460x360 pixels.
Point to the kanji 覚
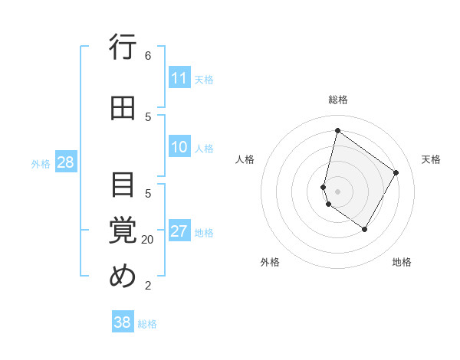click(x=123, y=230)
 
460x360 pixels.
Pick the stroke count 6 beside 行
click(x=148, y=56)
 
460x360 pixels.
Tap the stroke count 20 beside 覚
click(x=148, y=240)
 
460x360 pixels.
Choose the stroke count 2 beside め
click(x=148, y=286)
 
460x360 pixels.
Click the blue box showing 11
click(x=179, y=78)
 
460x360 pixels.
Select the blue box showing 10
click(x=179, y=147)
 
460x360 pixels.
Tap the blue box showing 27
click(x=179, y=231)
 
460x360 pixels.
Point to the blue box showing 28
click(x=65, y=162)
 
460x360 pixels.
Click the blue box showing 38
click(x=123, y=322)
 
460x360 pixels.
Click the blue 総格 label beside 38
click(x=147, y=324)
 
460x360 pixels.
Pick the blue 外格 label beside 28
click(x=41, y=163)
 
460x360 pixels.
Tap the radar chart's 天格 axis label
click(x=431, y=159)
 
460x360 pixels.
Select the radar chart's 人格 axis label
click(x=245, y=159)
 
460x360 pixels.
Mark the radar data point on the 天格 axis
click(x=396, y=172)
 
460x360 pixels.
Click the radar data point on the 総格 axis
click(x=337, y=130)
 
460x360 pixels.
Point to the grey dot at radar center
click(x=337, y=191)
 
